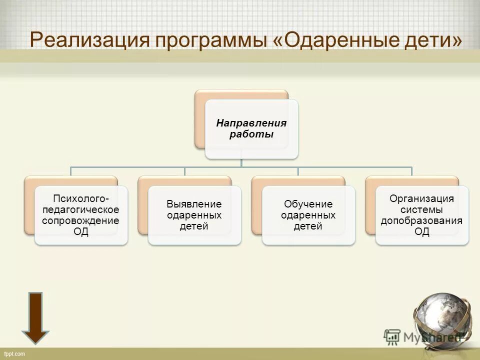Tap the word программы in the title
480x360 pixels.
point(212,40)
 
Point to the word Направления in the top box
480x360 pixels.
point(251,123)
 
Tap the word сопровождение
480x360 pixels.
point(81,220)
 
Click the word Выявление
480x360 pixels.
point(194,204)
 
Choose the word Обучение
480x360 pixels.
point(308,204)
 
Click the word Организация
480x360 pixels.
point(421,198)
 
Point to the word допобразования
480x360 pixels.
point(421,220)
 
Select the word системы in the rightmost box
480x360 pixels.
point(421,209)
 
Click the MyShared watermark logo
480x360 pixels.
point(422,336)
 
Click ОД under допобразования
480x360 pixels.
point(421,232)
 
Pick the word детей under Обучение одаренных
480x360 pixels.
point(308,226)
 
